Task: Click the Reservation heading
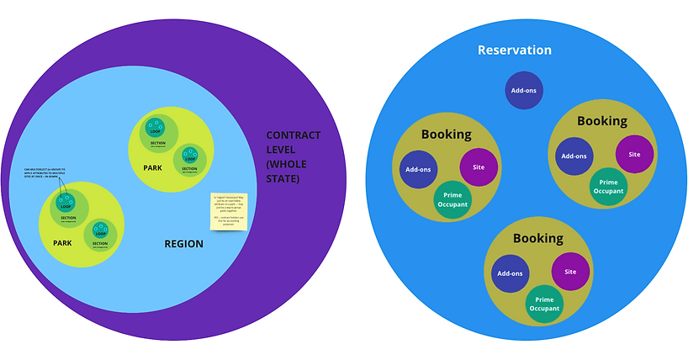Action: point(515,50)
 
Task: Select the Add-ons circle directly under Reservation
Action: point(523,91)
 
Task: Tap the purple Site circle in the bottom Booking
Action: point(570,272)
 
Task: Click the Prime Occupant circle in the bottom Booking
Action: point(544,303)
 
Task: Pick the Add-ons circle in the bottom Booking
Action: point(510,273)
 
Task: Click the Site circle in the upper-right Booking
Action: point(634,154)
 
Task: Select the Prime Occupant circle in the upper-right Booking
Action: point(608,186)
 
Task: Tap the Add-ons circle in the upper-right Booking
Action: point(574,156)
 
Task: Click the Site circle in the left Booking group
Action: point(479,167)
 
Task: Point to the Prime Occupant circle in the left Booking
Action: point(452,199)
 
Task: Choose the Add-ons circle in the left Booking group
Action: point(418,169)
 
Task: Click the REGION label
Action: point(183,244)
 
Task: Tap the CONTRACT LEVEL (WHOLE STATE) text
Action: point(294,156)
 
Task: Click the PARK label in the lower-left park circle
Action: point(62,244)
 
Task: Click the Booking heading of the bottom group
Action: point(537,238)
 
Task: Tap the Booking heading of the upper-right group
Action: point(601,120)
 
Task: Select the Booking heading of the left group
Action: point(446,134)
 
